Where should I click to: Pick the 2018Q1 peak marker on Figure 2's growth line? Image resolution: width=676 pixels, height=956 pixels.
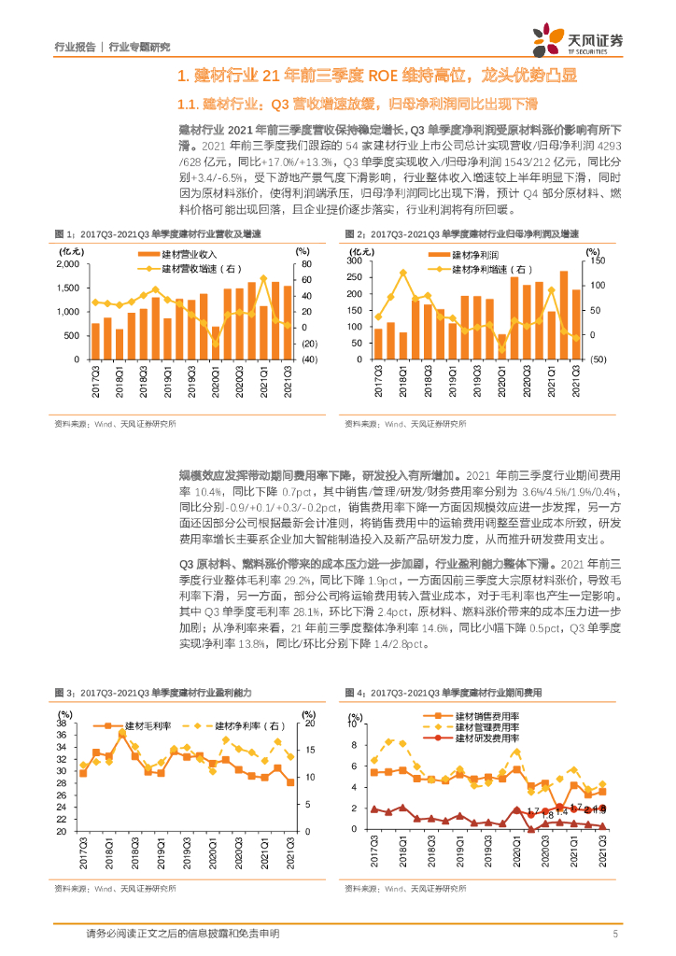click(x=402, y=273)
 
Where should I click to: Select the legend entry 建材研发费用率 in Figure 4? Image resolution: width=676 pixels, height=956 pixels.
click(x=486, y=738)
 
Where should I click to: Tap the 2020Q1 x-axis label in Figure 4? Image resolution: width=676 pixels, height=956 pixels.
click(x=517, y=853)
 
